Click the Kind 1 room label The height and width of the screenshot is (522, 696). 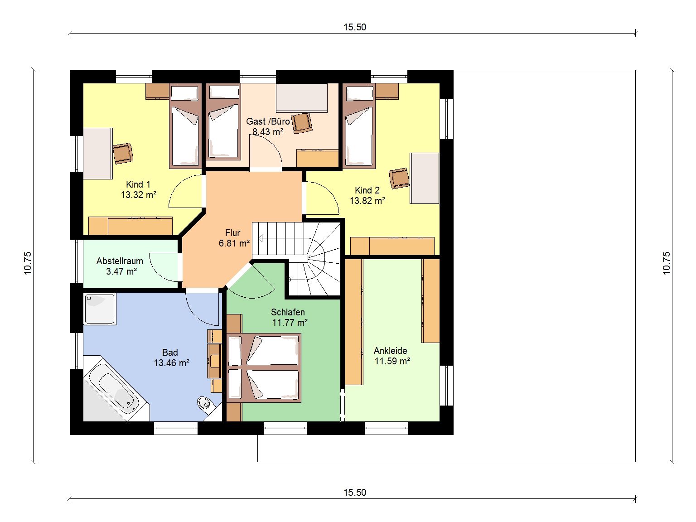tap(138, 184)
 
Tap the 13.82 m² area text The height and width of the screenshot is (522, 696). tap(367, 201)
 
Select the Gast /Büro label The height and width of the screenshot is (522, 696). tap(268, 121)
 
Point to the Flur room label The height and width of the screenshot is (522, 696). tap(233, 233)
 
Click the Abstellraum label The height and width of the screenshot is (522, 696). tap(120, 261)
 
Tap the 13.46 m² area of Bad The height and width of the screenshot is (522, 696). tap(172, 362)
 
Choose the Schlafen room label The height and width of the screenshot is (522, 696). tap(288, 312)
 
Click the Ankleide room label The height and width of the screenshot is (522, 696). tap(390, 351)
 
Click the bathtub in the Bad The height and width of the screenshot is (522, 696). tap(114, 388)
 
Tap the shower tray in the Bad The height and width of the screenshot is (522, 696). tap(100, 309)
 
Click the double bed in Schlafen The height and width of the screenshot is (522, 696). tap(264, 368)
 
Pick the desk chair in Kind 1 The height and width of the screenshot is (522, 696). tap(123, 154)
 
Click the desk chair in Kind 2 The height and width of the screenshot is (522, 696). tap(399, 178)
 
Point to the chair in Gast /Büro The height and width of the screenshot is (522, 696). tap(301, 123)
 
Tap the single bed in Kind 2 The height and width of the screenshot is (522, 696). tap(359, 126)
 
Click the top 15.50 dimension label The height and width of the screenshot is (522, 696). tap(355, 27)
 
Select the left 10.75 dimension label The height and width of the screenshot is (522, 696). tap(28, 263)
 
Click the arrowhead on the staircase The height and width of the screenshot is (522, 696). tap(261, 238)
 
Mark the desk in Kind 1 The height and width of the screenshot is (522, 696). tap(98, 154)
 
